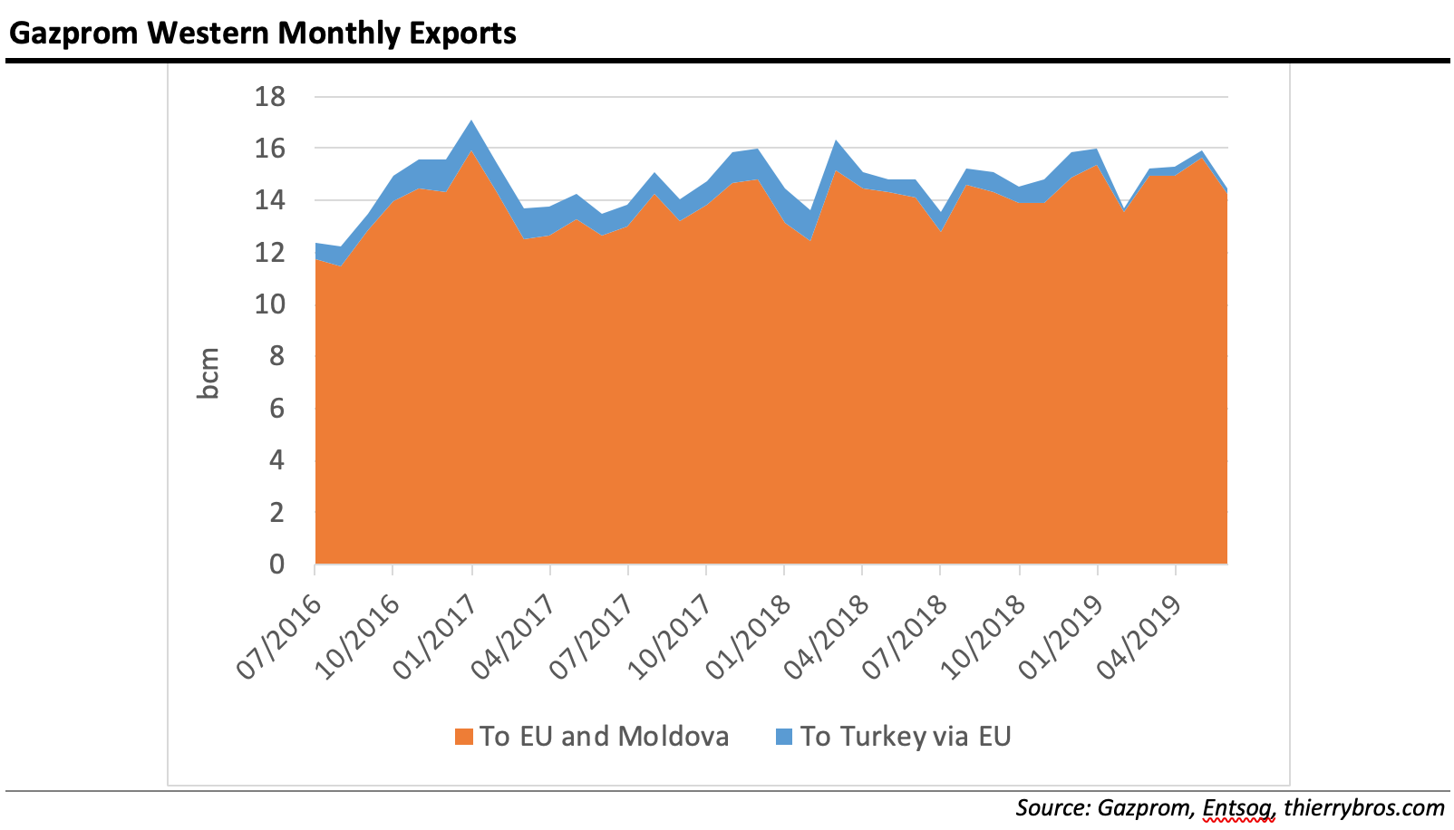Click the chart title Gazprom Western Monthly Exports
(263, 33)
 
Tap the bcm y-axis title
(209, 373)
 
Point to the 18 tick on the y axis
(269, 96)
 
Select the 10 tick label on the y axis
(269, 304)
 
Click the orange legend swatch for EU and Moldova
(464, 737)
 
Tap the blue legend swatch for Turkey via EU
(784, 737)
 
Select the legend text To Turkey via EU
(905, 737)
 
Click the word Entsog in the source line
(1238, 807)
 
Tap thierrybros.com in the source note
(1363, 807)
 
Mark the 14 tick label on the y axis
(269, 200)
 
